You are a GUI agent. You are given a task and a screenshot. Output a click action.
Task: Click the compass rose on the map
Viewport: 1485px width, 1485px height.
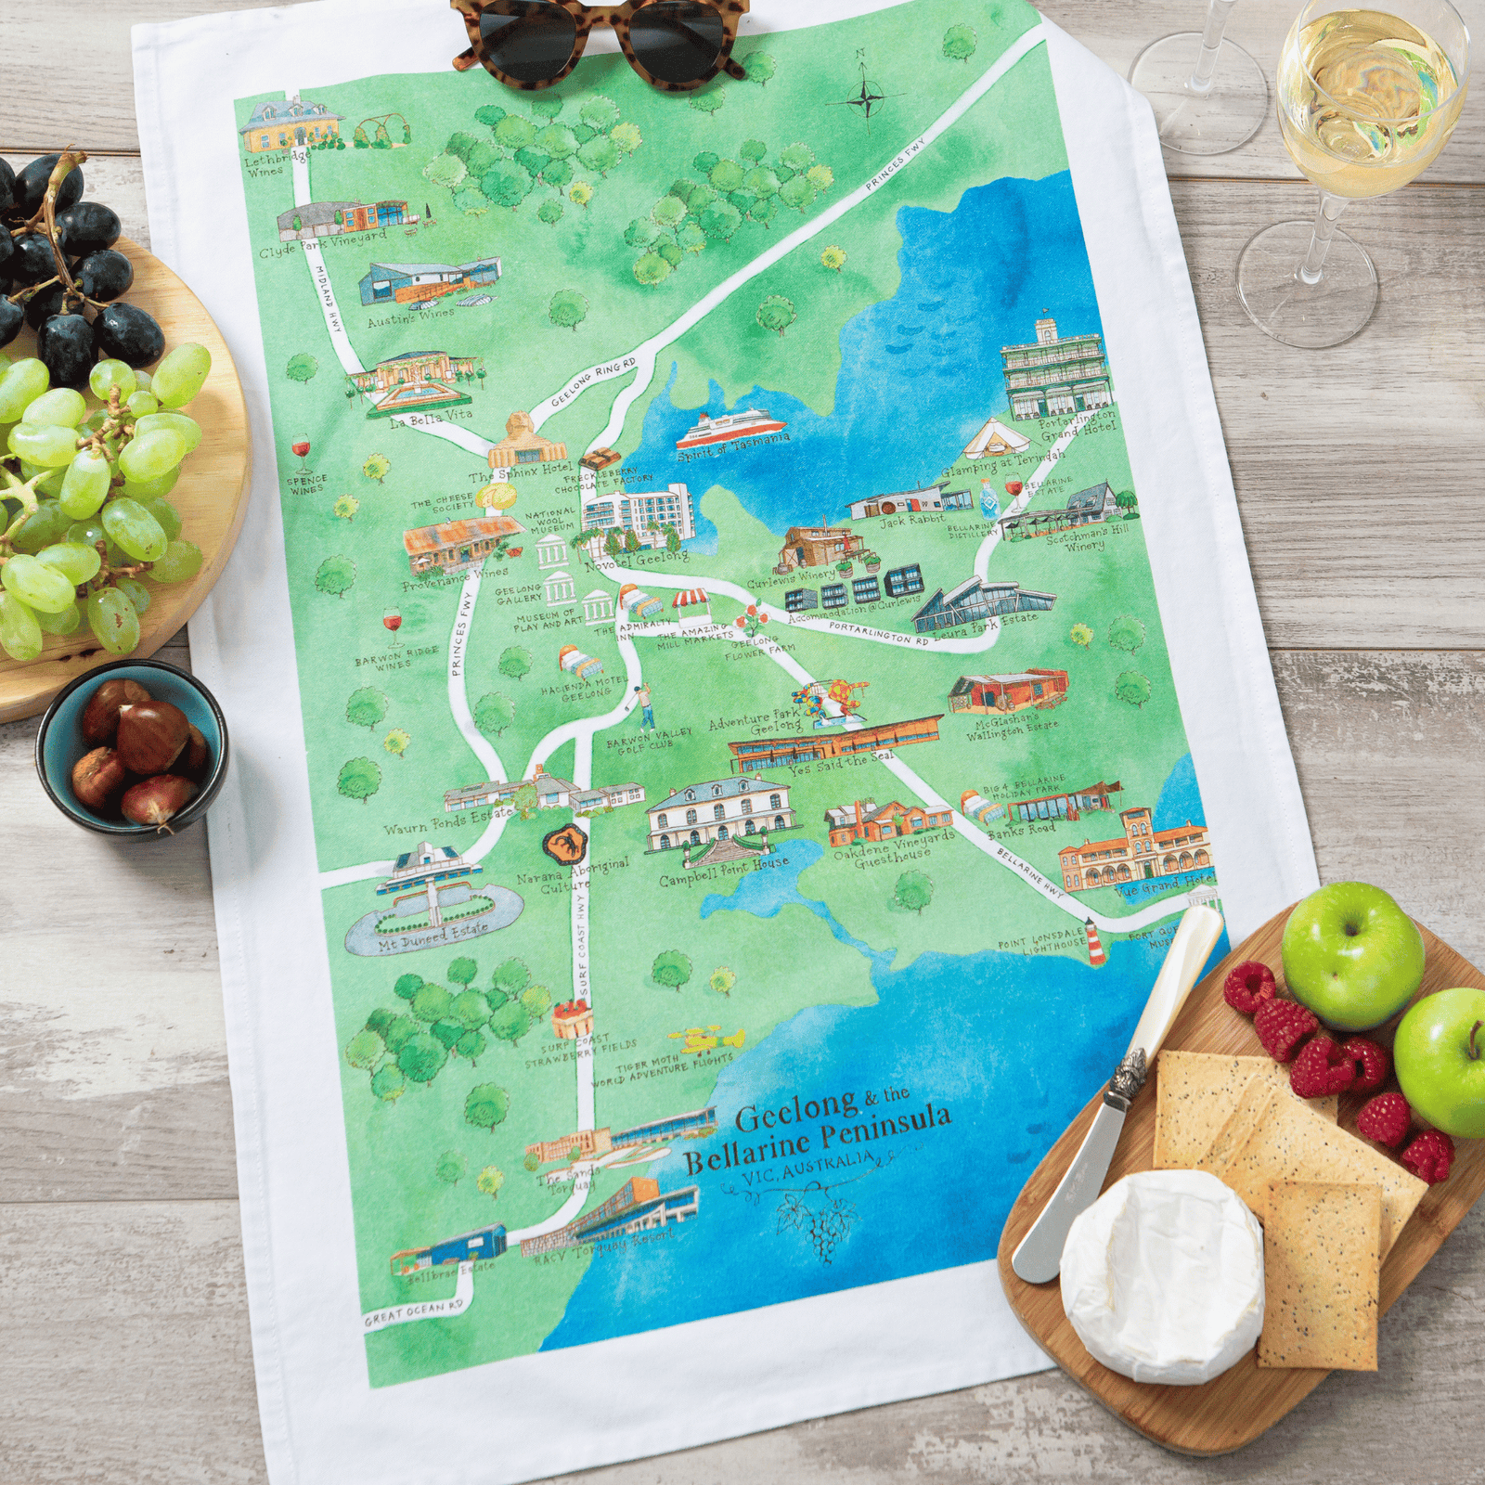coord(865,96)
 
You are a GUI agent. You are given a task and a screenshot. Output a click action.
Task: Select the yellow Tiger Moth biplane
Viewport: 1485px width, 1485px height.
coord(709,1039)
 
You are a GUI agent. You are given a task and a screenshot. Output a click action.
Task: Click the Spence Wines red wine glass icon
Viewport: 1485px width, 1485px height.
coord(303,450)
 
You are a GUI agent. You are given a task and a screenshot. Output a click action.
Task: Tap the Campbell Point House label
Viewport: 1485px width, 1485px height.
coord(724,870)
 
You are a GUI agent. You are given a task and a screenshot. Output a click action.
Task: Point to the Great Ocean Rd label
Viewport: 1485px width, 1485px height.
coord(414,1313)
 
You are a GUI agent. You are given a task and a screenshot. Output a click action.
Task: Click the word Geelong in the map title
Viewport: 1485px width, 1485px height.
coord(796,1108)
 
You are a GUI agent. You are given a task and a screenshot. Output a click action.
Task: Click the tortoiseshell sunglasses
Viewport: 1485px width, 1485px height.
coord(600,37)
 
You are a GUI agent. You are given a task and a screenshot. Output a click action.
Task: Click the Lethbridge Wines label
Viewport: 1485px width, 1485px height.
coord(276,163)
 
